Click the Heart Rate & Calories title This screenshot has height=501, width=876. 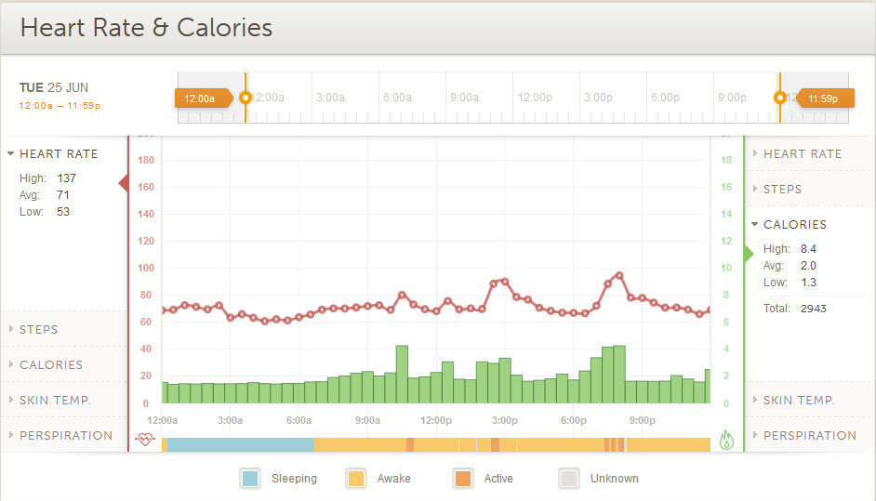point(146,28)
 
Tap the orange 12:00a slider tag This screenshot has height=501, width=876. point(200,98)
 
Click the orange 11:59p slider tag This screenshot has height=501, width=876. point(823,98)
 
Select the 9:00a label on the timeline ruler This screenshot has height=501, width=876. point(464,97)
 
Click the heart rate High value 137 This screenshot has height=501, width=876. point(66,178)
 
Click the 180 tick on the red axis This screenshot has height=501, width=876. point(145,160)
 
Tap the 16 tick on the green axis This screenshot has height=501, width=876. point(727,187)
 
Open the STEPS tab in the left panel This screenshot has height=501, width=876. point(38,329)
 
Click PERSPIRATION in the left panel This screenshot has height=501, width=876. point(65,435)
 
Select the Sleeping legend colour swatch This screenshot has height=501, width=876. point(250,479)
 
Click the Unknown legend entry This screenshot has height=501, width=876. point(614,479)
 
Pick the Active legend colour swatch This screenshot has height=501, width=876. point(463,479)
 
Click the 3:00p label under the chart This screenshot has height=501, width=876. point(505,420)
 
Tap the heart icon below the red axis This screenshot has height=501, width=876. point(144,440)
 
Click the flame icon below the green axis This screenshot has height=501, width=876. point(727,440)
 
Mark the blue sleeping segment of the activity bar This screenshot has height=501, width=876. point(240,445)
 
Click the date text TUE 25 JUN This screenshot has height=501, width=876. point(54,87)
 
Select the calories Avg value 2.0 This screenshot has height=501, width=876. point(808,265)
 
